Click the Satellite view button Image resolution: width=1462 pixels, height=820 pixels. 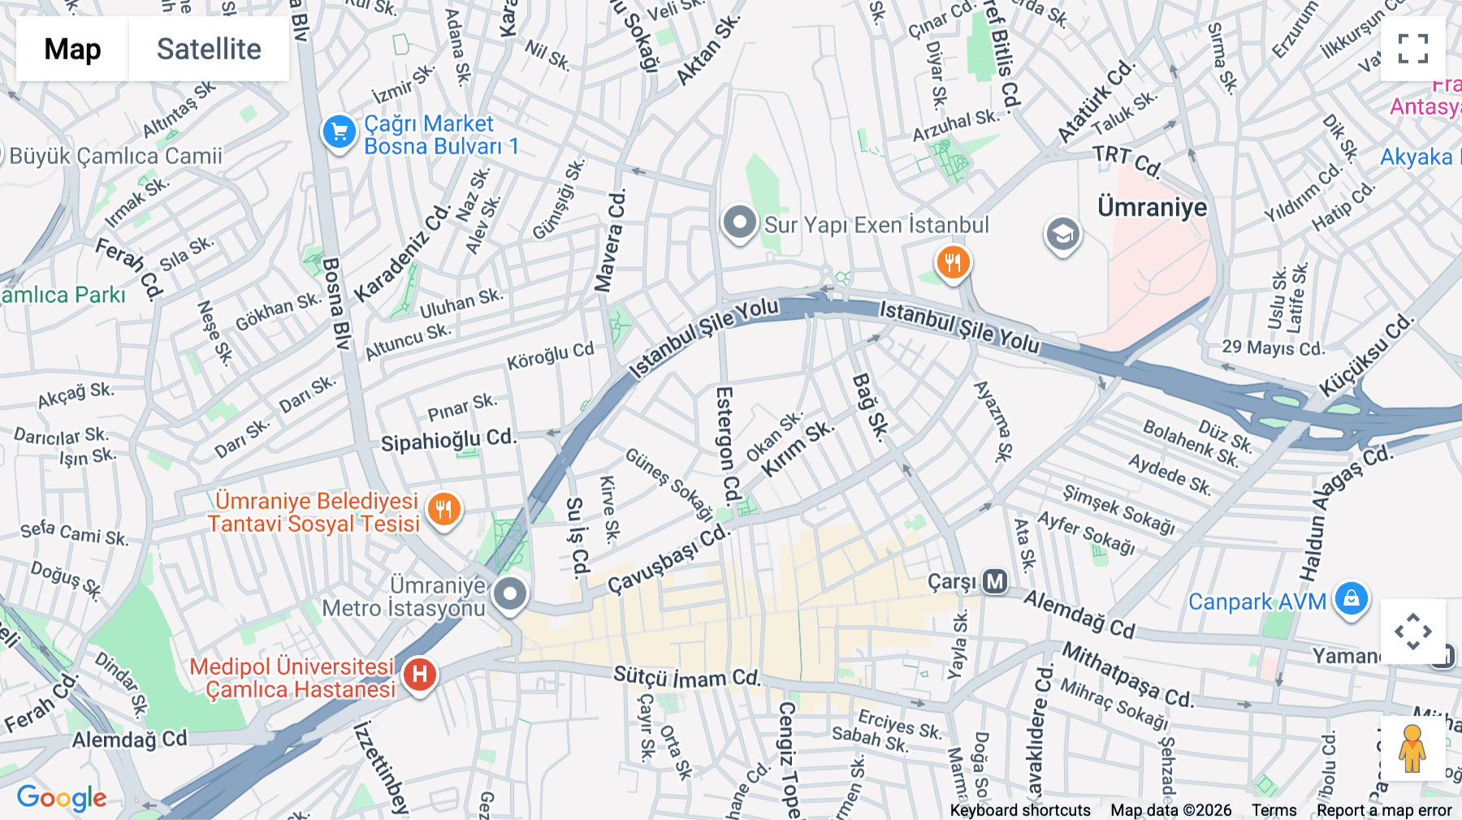(209, 50)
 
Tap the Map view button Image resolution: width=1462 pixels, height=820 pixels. (73, 50)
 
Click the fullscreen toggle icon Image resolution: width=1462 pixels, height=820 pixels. (1412, 49)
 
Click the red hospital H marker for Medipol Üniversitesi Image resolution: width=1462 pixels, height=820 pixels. (419, 675)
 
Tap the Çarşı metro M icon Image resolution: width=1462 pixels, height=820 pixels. (995, 581)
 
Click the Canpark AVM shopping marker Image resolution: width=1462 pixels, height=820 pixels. (1351, 599)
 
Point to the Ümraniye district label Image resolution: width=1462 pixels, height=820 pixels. (1152, 207)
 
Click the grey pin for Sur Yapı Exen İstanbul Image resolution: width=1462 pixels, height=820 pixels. (739, 222)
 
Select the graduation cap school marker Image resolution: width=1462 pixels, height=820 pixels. (1062, 235)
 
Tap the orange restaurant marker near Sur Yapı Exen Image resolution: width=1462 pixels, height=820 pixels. (953, 263)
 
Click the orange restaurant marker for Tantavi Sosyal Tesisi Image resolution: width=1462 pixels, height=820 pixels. (443, 511)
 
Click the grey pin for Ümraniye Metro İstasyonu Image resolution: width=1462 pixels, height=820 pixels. (510, 594)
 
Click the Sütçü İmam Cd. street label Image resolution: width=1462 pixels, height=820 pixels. (686, 676)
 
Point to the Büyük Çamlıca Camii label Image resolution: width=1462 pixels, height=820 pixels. (116, 156)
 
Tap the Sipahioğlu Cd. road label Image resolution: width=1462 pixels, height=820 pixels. (448, 440)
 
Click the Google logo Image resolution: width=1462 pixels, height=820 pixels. (62, 797)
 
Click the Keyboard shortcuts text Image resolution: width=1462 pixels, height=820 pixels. (1020, 810)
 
